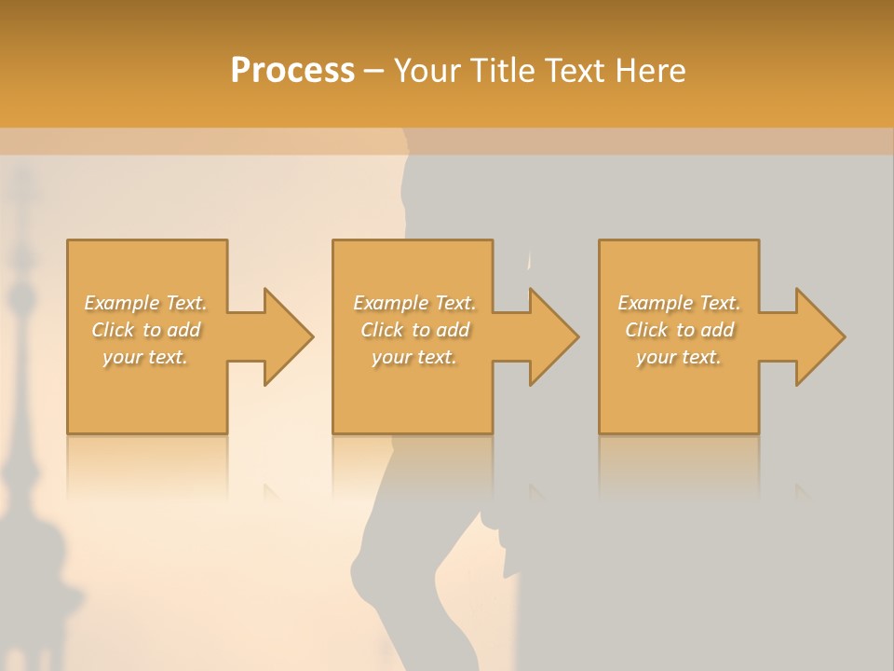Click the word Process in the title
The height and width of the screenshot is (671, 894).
(292, 71)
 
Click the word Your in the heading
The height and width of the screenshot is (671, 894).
(426, 71)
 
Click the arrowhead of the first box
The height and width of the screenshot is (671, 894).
(287, 336)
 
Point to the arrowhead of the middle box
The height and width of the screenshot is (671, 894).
(552, 336)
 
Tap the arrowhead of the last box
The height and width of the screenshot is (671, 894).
(819, 336)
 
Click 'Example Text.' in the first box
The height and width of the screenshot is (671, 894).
(146, 303)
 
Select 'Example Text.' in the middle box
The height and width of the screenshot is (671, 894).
(414, 303)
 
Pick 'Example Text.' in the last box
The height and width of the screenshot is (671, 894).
(679, 303)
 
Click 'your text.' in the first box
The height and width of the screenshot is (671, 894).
(145, 357)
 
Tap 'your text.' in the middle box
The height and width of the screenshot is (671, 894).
(414, 357)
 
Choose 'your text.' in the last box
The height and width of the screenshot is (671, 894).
(679, 357)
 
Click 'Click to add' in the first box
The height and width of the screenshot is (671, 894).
(146, 330)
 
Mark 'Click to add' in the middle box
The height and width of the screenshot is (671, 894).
(414, 330)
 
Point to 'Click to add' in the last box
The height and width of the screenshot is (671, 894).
(679, 330)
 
